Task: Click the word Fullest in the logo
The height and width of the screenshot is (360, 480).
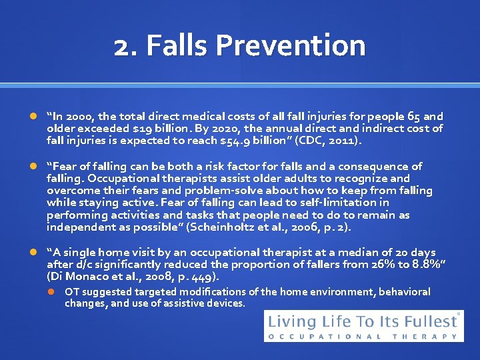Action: coord(429,321)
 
